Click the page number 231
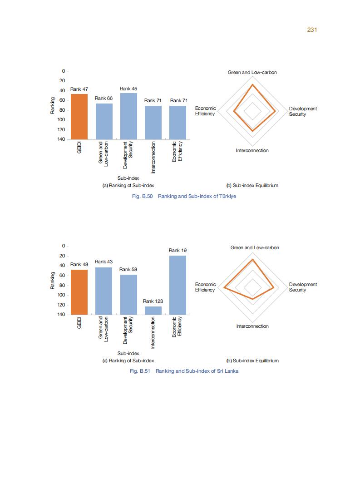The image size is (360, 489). coord(311,30)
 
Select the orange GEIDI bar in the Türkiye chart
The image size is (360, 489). coord(79,116)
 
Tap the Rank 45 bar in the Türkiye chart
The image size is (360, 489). coord(128,116)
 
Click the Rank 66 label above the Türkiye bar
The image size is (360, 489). coord(104,98)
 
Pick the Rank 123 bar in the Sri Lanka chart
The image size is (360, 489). coord(153,310)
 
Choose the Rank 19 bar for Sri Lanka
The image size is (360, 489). coord(178,285)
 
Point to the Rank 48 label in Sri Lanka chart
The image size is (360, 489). coord(79,264)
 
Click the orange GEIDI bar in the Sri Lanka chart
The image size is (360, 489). coord(79,292)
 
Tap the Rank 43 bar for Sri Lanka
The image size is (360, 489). coord(104,291)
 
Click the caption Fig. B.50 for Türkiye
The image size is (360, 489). coord(183,196)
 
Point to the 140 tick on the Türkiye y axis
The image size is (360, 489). coord(61,139)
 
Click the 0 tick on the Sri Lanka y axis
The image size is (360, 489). coord(64,246)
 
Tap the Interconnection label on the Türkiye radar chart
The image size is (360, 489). coord(252,151)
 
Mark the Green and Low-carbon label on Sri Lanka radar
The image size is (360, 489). coord(255,248)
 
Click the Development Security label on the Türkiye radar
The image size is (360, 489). coord(303,111)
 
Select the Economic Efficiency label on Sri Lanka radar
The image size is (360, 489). coord(205,287)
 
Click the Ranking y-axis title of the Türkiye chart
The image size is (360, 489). coord(53,105)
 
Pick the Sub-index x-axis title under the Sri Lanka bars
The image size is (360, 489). coord(128,353)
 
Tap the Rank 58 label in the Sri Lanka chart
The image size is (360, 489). coord(128,270)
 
